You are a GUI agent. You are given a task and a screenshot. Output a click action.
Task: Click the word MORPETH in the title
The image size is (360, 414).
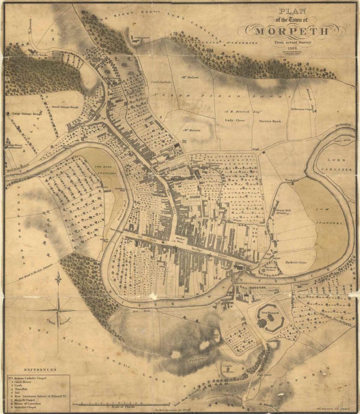[292, 31]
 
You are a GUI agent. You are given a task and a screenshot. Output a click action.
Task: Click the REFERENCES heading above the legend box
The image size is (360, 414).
[40, 370]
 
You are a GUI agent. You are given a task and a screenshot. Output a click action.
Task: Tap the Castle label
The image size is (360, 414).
[227, 365]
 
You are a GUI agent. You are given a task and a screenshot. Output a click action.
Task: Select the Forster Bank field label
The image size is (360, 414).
[270, 121]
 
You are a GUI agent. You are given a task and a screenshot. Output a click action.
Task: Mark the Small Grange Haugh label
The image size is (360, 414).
[65, 107]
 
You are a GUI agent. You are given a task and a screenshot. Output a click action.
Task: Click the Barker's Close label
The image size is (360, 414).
[296, 262]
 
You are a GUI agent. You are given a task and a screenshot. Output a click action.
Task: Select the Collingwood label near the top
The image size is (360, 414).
[141, 37]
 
